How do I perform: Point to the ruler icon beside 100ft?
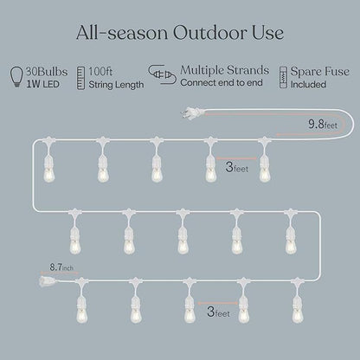(x=81, y=74)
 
